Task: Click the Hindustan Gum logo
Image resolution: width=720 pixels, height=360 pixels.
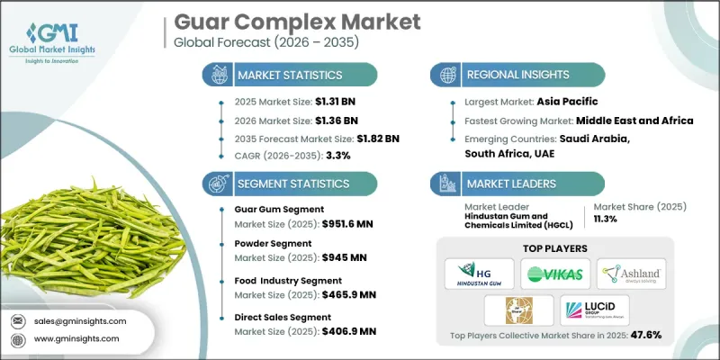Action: [479, 274]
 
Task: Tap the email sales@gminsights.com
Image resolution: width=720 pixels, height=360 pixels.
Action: [82, 321]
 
